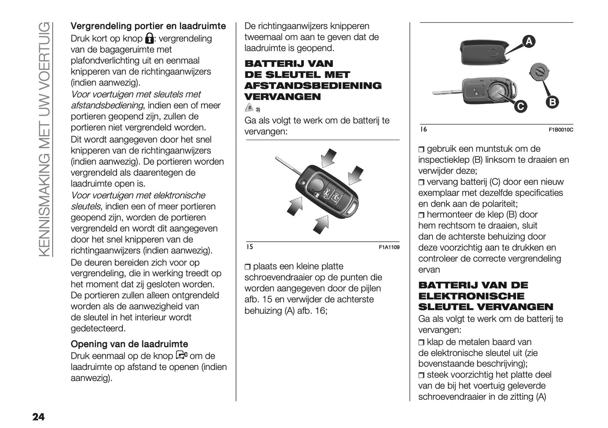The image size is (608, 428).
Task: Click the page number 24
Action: click(x=38, y=417)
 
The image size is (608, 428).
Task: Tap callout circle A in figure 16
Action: click(x=528, y=41)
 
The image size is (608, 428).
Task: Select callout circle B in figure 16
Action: click(x=552, y=102)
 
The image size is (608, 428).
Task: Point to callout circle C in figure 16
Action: click(x=520, y=107)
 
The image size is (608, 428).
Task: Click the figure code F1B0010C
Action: click(x=560, y=130)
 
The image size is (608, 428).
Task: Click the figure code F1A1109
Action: click(x=389, y=247)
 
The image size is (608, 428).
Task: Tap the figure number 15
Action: click(x=249, y=247)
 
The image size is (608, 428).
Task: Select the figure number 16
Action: click(x=423, y=129)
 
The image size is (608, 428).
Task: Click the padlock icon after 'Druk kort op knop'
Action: click(x=149, y=39)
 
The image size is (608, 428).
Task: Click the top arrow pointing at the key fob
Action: click(x=329, y=157)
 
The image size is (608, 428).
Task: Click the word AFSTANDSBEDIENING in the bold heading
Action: click(x=313, y=86)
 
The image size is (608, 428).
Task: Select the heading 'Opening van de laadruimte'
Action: click(x=129, y=344)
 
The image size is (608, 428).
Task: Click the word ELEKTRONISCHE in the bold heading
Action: click(x=471, y=296)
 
